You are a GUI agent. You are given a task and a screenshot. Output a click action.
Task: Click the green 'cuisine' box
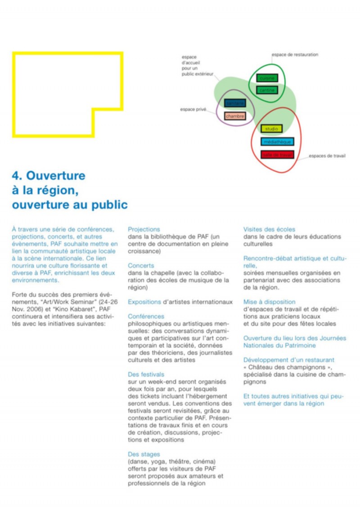[x=267, y=78]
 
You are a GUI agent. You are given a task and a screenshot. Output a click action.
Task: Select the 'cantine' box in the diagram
[x=267, y=90]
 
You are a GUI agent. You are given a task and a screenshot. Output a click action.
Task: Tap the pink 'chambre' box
[x=235, y=116]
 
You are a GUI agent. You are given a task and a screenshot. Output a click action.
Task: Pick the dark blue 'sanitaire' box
[x=235, y=103]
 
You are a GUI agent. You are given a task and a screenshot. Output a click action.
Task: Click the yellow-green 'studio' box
[x=271, y=129]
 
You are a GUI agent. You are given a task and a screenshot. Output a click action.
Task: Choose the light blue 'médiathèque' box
[x=277, y=142]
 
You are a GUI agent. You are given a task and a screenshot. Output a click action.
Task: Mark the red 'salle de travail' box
[x=277, y=155]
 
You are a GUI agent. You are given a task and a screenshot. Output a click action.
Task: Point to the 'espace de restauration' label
[x=295, y=55]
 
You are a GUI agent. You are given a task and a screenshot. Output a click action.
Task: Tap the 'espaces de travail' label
[x=327, y=156]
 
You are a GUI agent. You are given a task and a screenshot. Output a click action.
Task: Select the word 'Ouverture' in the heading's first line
[x=56, y=175]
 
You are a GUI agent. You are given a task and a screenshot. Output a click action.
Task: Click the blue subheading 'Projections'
[x=144, y=229]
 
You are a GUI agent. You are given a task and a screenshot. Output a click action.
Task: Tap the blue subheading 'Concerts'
[x=141, y=266]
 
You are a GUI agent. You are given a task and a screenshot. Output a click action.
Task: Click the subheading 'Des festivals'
[x=146, y=375]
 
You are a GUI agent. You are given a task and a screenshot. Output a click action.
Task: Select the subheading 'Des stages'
[x=144, y=454]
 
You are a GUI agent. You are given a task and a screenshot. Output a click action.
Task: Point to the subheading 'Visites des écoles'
[x=269, y=229]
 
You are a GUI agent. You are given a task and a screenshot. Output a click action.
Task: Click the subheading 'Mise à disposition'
[x=270, y=302]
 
